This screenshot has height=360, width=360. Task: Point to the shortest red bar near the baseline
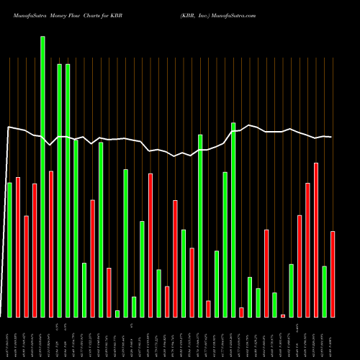(x=283, y=315)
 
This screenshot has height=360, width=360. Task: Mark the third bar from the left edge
(x=26, y=266)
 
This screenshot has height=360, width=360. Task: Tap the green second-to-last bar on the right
(x=325, y=291)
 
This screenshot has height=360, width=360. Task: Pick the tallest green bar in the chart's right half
(x=233, y=220)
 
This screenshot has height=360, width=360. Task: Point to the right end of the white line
(x=331, y=137)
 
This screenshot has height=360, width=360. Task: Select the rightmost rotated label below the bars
(x=333, y=338)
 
